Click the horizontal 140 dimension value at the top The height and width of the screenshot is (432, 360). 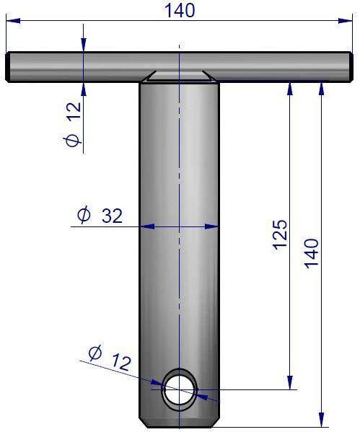tap(180, 11)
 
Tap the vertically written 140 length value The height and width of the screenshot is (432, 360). tap(312, 253)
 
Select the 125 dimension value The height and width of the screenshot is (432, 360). tap(281, 234)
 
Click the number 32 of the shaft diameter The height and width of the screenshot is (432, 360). tap(112, 216)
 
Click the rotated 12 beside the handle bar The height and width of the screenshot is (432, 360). tap(74, 111)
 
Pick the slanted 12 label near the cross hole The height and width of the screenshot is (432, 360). tap(121, 362)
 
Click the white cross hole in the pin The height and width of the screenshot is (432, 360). tap(180, 389)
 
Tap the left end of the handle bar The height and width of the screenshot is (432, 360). tap(8, 67)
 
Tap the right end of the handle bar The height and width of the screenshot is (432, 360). tap(351, 67)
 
